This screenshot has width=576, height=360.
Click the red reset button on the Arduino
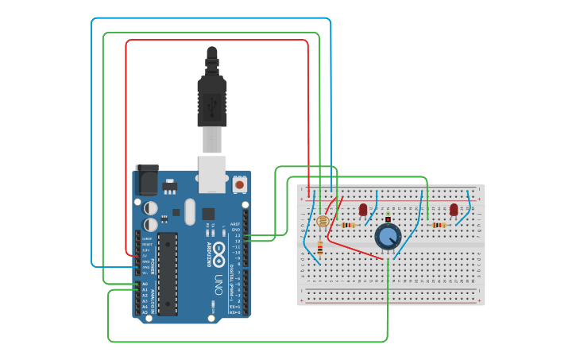pos(239,184)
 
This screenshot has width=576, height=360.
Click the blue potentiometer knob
pos(388,236)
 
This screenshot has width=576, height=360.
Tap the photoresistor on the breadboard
pos(323,222)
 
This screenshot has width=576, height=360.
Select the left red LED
pos(363,209)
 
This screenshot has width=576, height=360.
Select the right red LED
pos(454,209)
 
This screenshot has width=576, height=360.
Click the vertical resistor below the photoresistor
pos(319,249)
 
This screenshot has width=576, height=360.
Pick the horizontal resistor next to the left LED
pos(348,225)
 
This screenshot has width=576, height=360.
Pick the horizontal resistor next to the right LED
pos(439,225)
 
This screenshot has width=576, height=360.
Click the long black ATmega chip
pos(167,273)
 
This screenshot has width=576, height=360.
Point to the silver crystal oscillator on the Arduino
pos(189,211)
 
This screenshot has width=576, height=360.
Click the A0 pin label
pos(144,284)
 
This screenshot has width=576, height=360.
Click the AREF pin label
pos(235,224)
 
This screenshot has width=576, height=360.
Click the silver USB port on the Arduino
pos(212,174)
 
